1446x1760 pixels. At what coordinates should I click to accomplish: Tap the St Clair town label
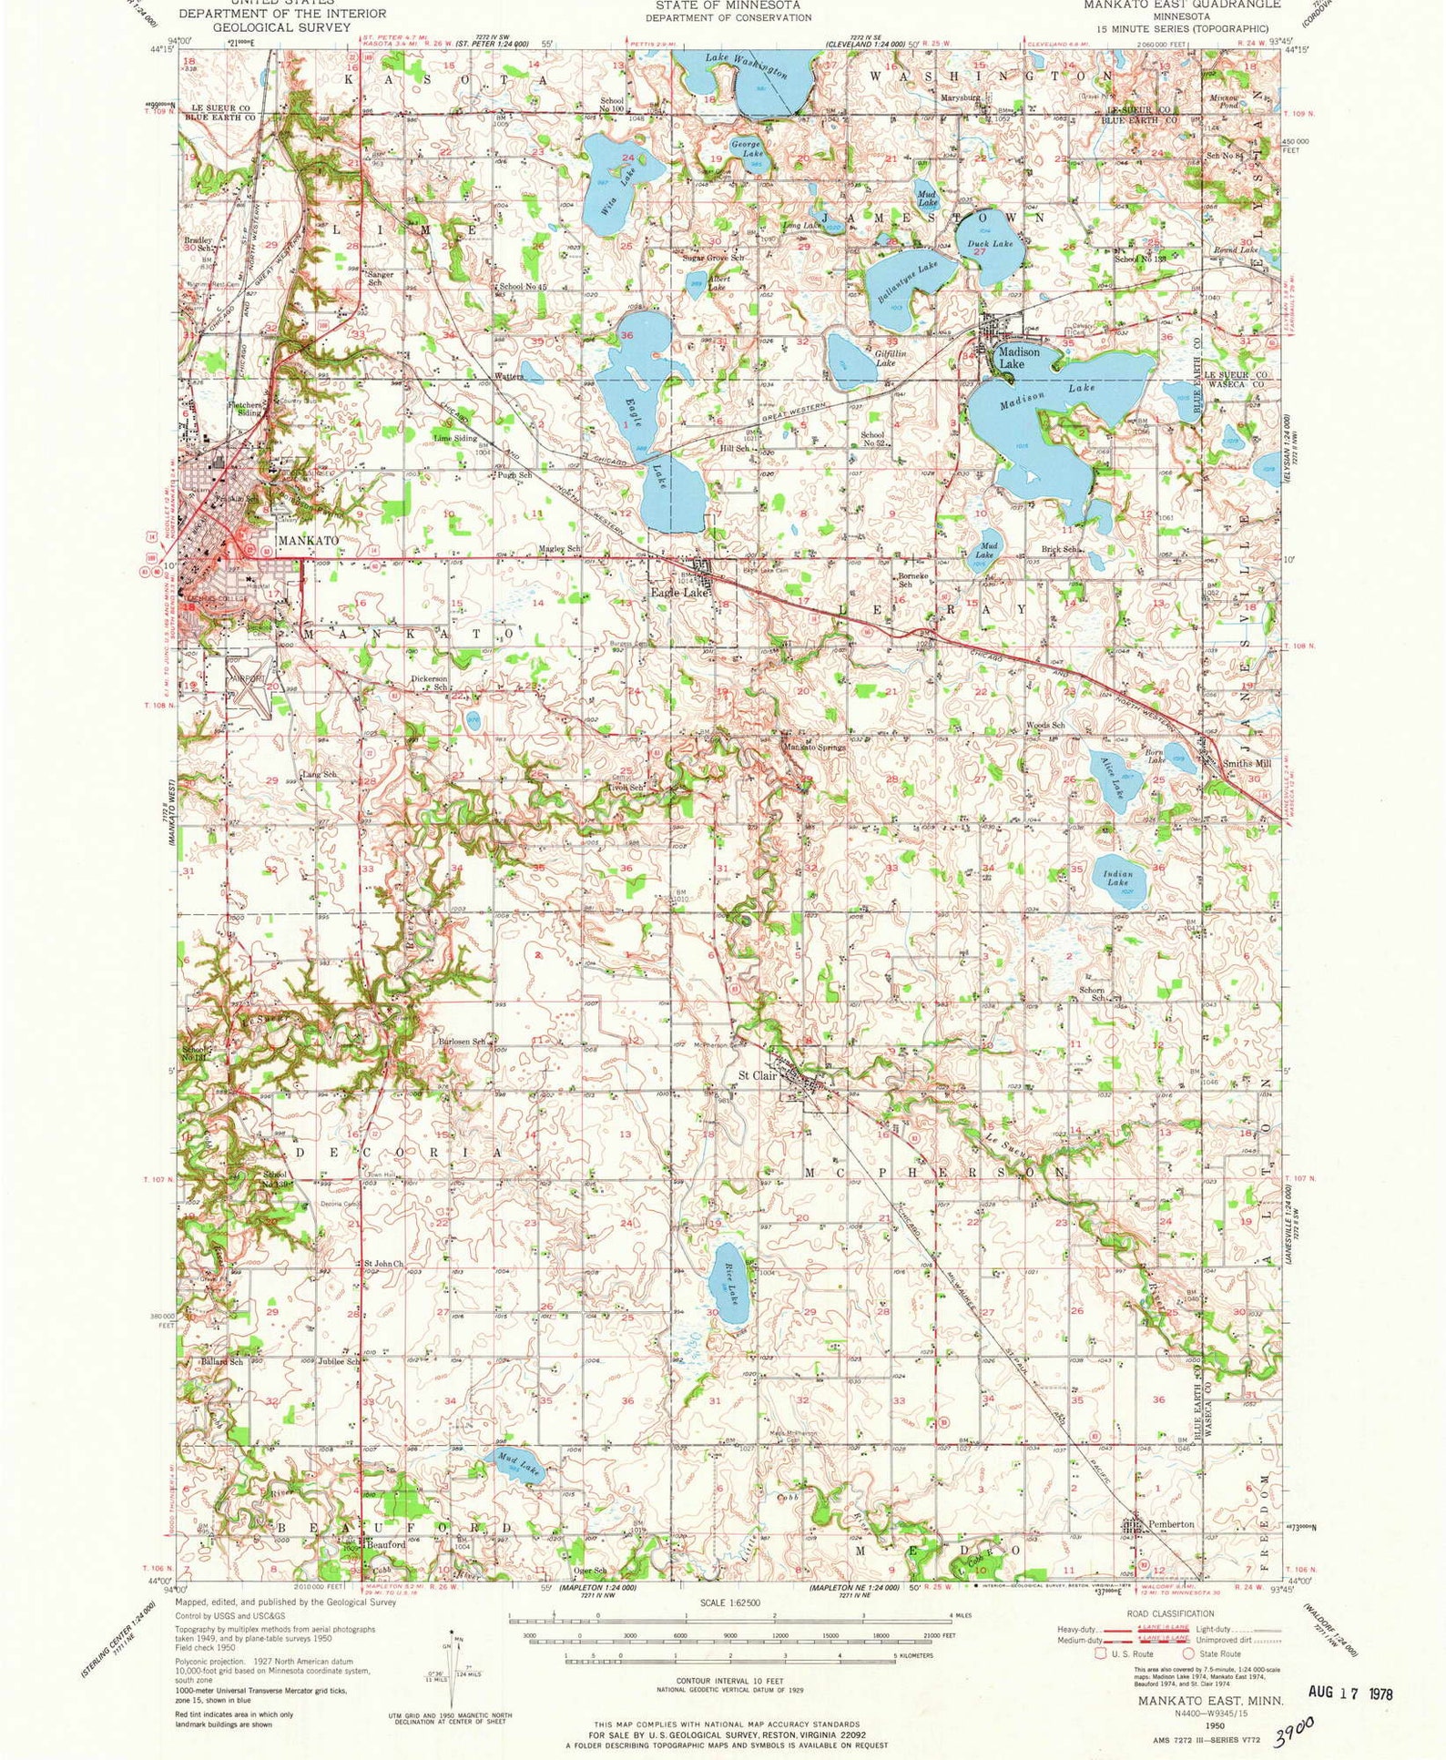[x=757, y=1075]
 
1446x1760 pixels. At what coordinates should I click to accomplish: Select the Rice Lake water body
[x=729, y=1284]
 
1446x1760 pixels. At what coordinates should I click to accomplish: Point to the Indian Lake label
[x=1117, y=878]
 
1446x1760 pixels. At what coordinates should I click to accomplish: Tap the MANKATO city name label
[x=308, y=540]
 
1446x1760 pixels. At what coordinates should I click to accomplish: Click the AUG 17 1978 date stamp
[x=1349, y=1692]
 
